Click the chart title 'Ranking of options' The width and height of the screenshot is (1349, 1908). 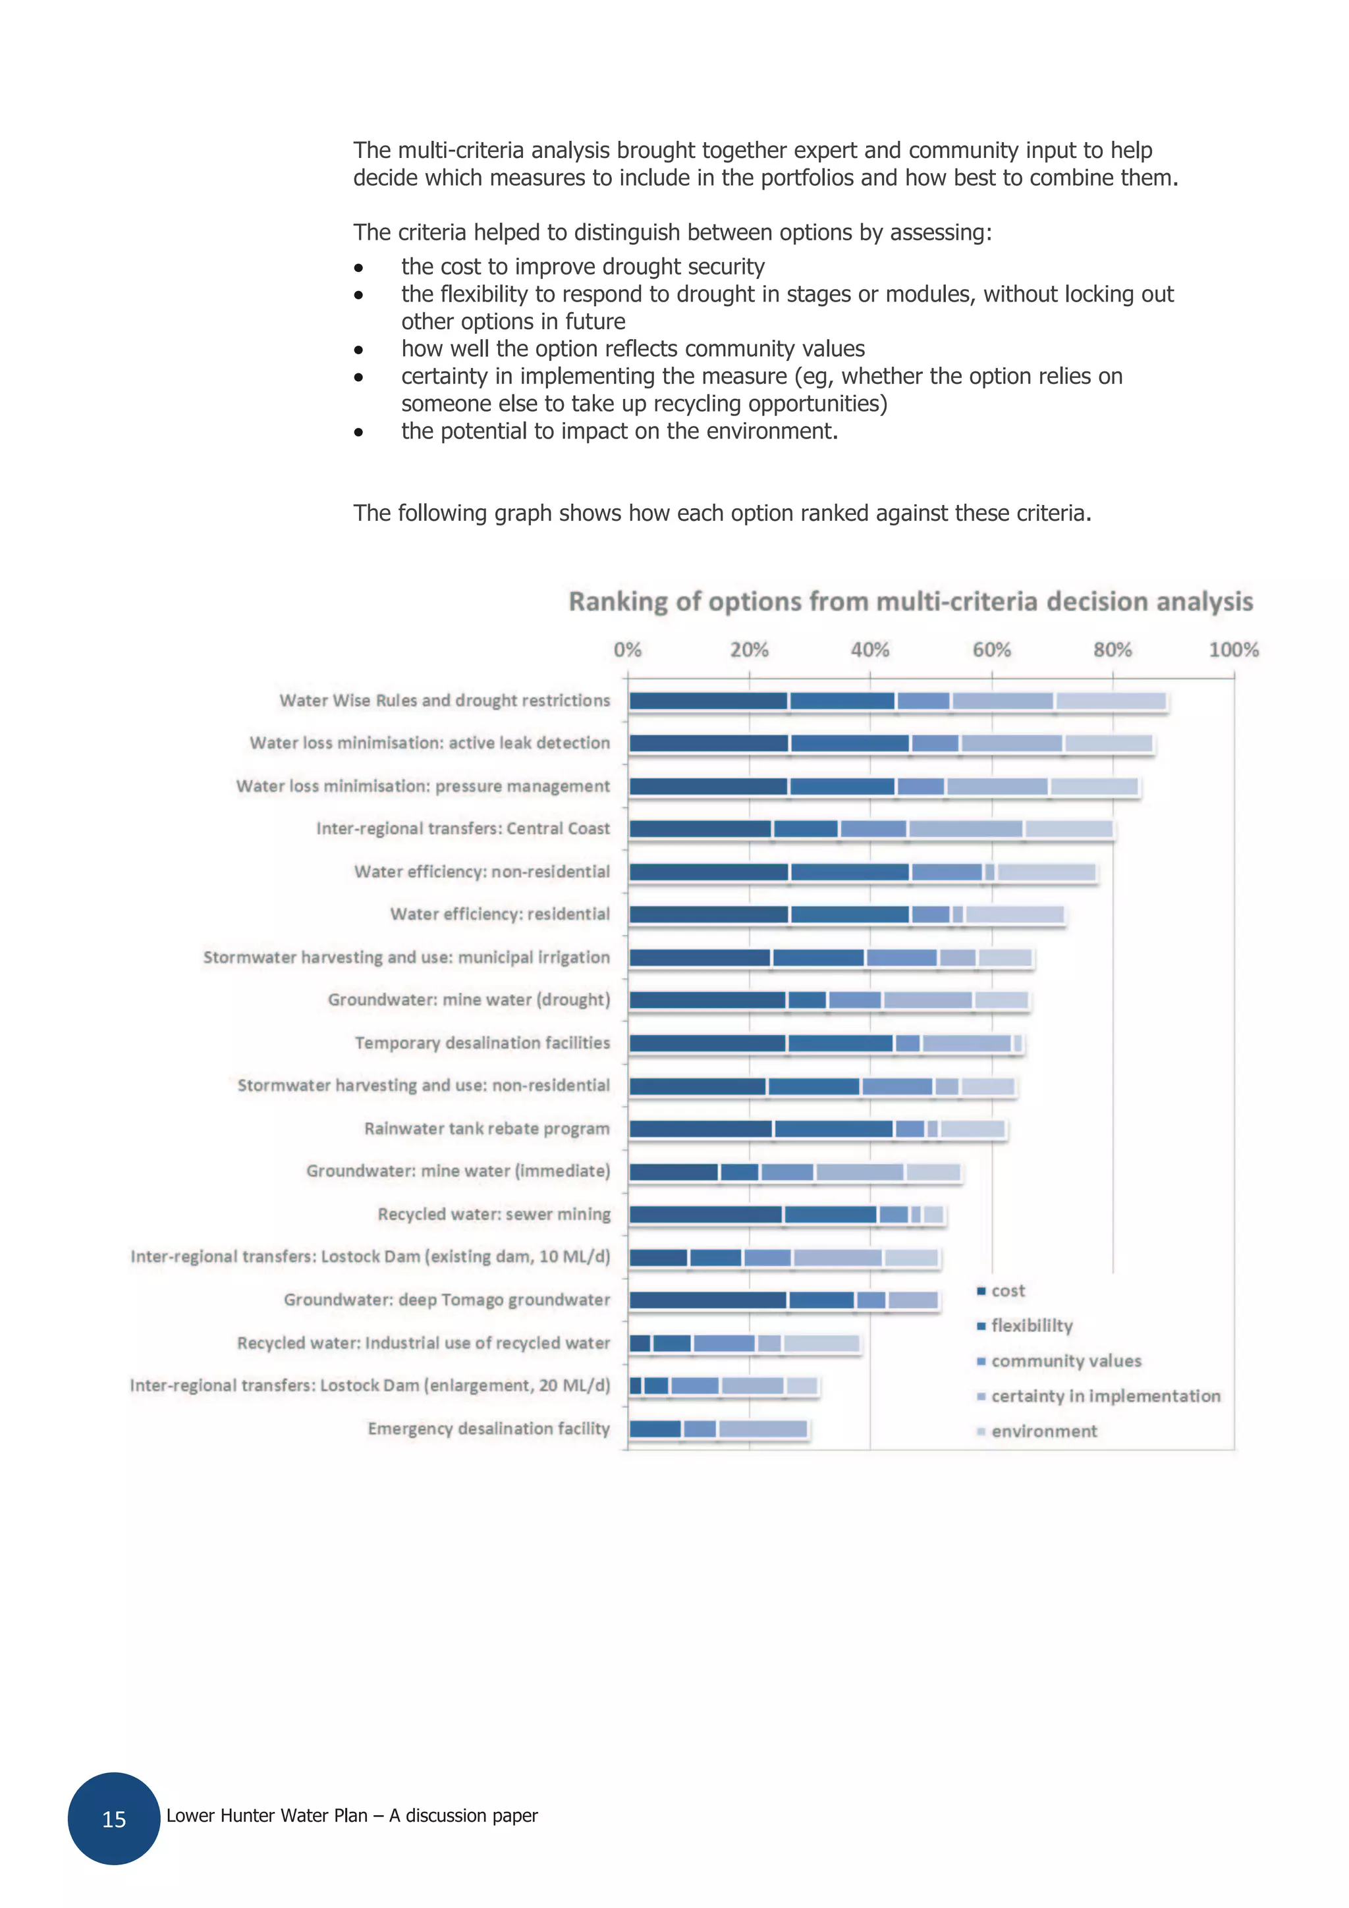[910, 602]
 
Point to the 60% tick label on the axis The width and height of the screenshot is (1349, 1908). [991, 650]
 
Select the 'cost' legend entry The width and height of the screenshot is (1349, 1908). [1007, 1290]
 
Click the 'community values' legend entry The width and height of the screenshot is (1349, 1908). [1066, 1361]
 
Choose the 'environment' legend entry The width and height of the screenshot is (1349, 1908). [1044, 1431]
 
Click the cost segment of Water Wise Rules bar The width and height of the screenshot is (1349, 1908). [708, 701]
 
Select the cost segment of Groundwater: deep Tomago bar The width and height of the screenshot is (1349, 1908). [708, 1300]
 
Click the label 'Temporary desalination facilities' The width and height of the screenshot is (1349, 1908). [482, 1043]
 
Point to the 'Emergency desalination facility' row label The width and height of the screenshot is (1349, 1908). [489, 1429]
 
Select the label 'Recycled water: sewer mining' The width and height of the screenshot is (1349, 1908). [494, 1214]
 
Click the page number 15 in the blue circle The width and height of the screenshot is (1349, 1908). [114, 1819]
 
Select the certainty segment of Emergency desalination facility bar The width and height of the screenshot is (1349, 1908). [762, 1429]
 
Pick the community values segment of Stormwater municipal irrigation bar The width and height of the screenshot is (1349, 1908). [902, 958]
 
